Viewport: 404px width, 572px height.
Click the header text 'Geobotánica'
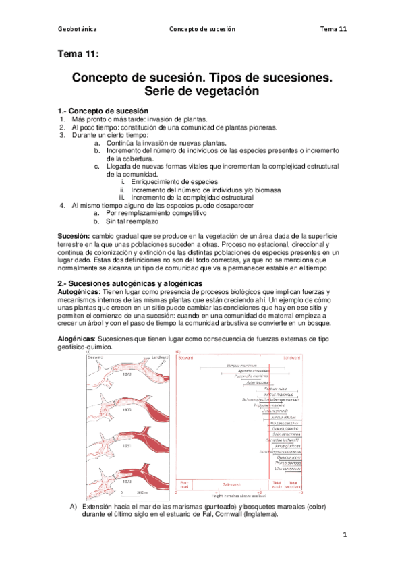tap(78, 30)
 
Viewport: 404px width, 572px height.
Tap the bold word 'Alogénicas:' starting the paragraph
tap(78, 339)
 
